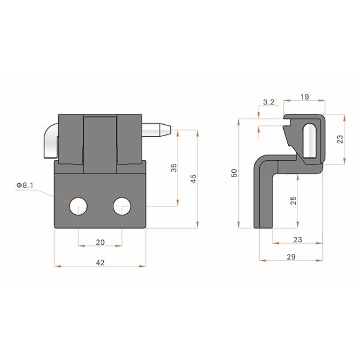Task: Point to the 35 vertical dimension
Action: coord(173,168)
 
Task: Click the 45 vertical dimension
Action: coord(193,178)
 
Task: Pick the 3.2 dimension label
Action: coord(269,103)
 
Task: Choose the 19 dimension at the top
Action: coord(305,95)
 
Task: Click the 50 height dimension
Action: coord(235,173)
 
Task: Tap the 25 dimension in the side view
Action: coord(293,200)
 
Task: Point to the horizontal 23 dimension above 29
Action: coord(298,239)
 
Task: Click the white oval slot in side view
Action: coord(310,140)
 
